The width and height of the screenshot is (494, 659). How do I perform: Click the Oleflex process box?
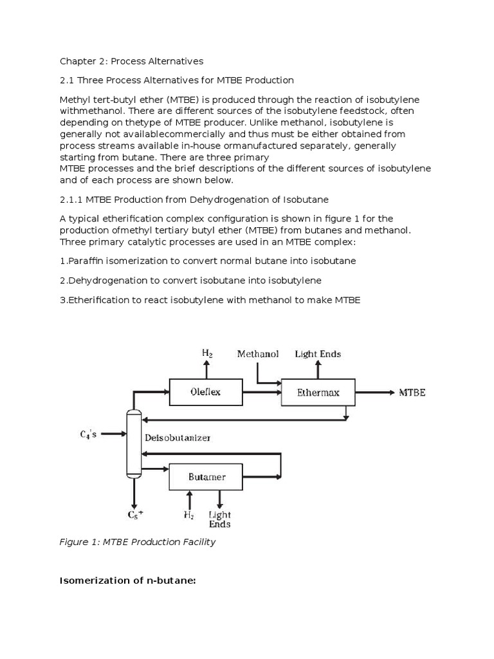[x=206, y=392]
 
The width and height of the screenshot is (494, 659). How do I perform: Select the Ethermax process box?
[x=318, y=392]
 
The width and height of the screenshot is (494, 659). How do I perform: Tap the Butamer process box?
[x=206, y=478]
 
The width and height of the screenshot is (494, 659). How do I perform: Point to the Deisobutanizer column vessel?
[x=134, y=443]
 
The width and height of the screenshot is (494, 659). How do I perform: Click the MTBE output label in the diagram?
[x=412, y=393]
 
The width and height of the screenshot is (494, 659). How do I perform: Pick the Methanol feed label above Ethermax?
[x=258, y=354]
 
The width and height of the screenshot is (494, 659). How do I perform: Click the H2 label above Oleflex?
[x=207, y=353]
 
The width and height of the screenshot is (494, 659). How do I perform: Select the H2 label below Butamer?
[x=189, y=515]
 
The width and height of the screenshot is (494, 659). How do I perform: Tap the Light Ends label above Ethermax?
[x=318, y=354]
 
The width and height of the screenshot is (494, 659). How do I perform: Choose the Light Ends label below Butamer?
[x=220, y=519]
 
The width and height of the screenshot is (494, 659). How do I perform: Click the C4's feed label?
[x=89, y=434]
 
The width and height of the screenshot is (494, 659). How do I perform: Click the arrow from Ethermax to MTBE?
[x=373, y=393]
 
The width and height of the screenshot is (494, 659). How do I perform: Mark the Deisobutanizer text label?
[x=178, y=438]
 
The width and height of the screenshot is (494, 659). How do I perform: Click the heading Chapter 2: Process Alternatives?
[x=131, y=61]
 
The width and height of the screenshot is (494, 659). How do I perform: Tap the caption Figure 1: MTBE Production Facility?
[x=138, y=542]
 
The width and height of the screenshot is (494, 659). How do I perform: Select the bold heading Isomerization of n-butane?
[x=127, y=581]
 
